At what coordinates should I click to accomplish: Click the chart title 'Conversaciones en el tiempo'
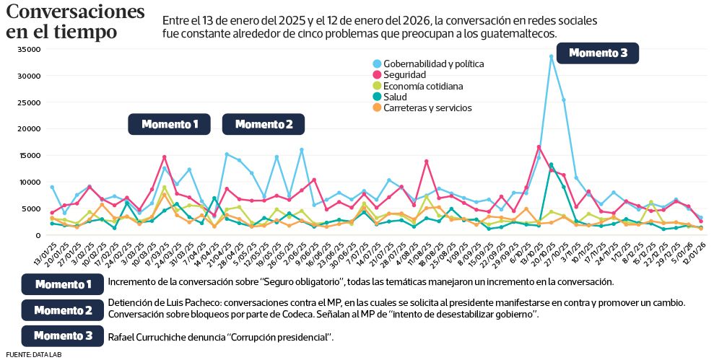click(x=75, y=22)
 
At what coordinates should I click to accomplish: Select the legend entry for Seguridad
click(x=405, y=74)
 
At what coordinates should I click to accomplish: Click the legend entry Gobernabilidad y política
click(x=433, y=63)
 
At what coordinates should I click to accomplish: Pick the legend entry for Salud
click(x=396, y=97)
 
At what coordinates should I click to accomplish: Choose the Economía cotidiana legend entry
click(x=423, y=86)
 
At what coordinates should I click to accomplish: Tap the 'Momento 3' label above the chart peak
click(x=598, y=53)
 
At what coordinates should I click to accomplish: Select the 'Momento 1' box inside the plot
click(x=169, y=124)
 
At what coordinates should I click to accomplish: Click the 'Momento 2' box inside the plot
click(x=264, y=124)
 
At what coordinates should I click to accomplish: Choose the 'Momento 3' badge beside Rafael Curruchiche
click(x=63, y=335)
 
